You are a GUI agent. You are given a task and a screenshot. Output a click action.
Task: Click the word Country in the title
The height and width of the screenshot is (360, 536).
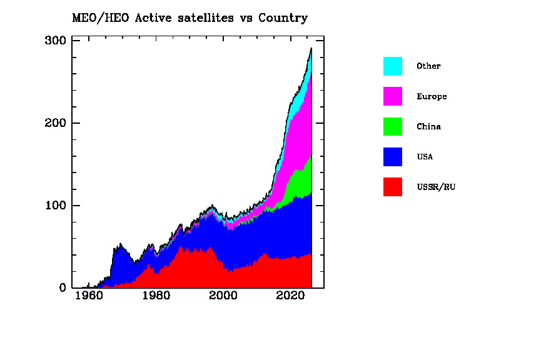point(285,18)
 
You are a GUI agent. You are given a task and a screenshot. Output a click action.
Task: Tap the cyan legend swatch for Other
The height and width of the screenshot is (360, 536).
point(393,66)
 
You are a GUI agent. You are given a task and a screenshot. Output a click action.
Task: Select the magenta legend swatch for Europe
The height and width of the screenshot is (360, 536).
point(393,96)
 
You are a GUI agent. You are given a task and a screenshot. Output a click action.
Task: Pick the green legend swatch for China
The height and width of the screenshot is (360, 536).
point(393,126)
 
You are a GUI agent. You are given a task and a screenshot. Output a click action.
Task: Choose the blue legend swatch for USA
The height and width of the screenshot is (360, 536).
point(393,156)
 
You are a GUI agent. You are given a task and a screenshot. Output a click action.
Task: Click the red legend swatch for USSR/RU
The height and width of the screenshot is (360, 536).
point(393,186)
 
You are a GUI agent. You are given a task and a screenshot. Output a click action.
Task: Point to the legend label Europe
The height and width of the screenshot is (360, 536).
point(432,97)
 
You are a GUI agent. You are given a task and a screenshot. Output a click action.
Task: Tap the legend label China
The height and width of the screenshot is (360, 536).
point(428,127)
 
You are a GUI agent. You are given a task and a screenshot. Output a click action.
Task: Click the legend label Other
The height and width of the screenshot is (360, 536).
point(428,66)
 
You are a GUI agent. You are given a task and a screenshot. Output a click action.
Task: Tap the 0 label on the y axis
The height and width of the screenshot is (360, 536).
point(63,288)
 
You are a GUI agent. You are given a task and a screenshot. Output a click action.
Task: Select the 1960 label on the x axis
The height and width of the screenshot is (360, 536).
point(89,296)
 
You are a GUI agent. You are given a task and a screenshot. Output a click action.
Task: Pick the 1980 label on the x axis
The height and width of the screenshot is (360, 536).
point(156,296)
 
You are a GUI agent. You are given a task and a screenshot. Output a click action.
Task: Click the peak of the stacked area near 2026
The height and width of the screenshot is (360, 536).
point(311,49)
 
